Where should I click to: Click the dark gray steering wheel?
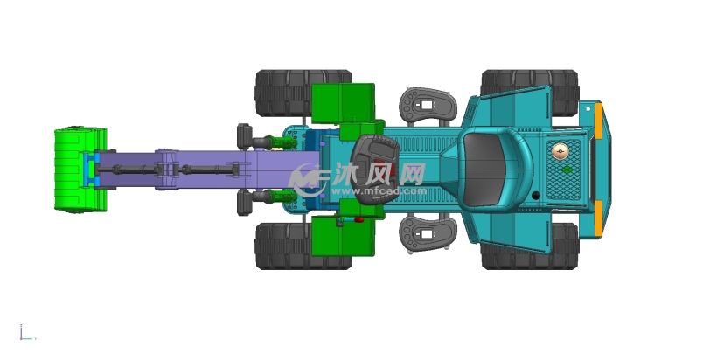376,169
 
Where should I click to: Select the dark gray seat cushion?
484,169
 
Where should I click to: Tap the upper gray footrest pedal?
428,105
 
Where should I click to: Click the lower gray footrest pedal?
428,234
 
